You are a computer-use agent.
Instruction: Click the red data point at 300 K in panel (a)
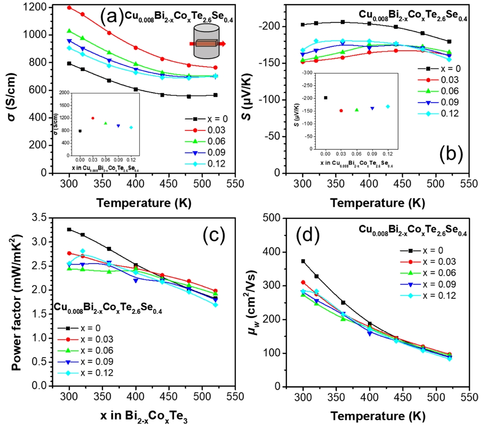[69, 7]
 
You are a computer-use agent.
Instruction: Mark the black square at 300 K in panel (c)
[69, 229]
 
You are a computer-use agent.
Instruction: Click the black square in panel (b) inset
[325, 98]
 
